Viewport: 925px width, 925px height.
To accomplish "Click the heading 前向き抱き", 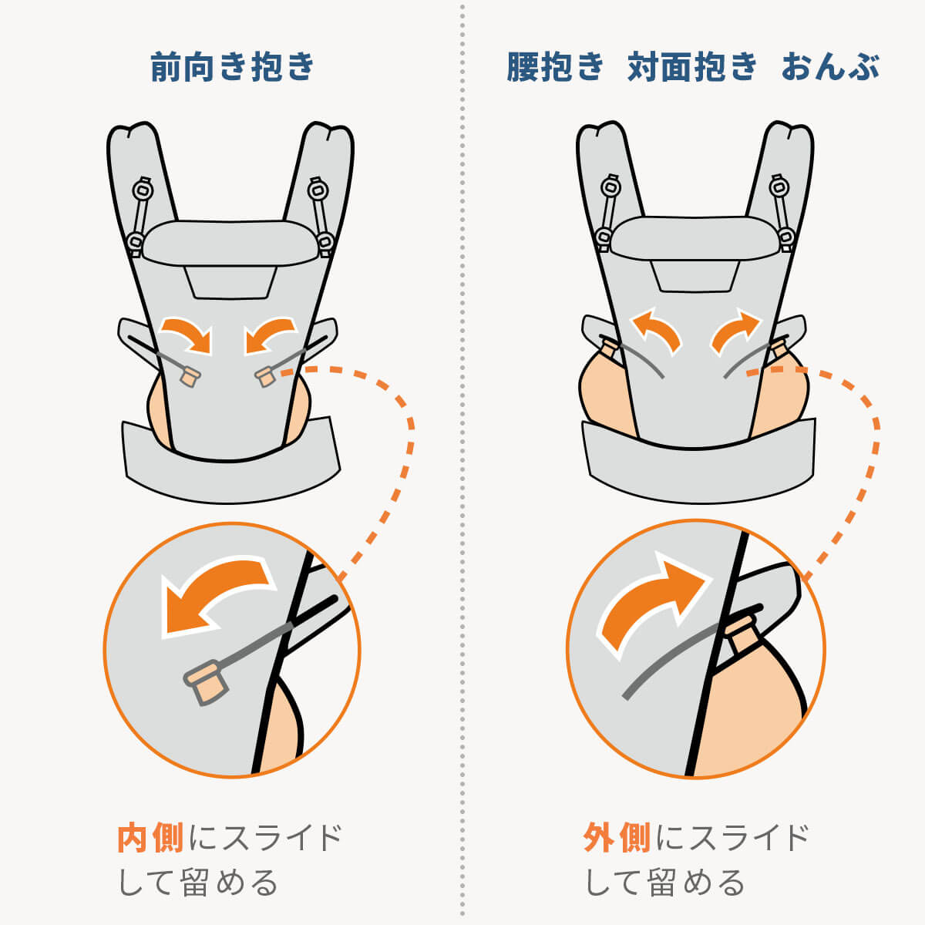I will pos(233,66).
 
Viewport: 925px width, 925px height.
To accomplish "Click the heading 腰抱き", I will pos(555,67).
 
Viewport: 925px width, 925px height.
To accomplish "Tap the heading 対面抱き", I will pos(692,67).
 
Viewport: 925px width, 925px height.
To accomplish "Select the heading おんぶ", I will pos(830,67).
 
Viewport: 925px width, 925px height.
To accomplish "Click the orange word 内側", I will pos(150,837).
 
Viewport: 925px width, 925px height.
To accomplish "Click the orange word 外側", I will pos(617,837).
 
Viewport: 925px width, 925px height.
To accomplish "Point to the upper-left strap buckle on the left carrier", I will pos(142,188).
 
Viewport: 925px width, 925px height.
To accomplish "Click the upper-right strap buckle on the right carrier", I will pos(779,186).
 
